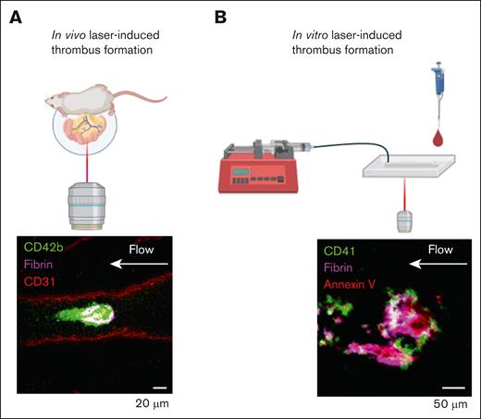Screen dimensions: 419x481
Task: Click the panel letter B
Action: [222, 15]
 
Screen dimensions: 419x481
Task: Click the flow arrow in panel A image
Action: [154, 265]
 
